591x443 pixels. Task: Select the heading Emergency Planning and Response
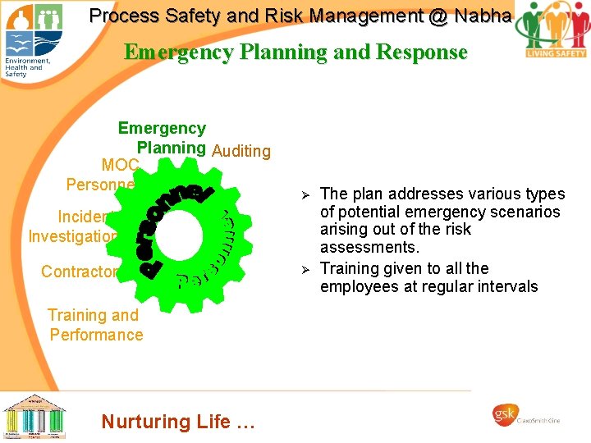(295, 53)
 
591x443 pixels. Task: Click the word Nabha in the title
(483, 16)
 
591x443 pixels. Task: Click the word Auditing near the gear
(241, 151)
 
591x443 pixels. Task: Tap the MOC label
(119, 166)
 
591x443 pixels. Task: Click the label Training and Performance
(94, 325)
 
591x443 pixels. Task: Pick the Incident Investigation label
(74, 227)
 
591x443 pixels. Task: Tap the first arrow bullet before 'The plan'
(304, 194)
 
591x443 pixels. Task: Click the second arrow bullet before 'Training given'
(304, 269)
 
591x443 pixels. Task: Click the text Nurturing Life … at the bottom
(178, 422)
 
